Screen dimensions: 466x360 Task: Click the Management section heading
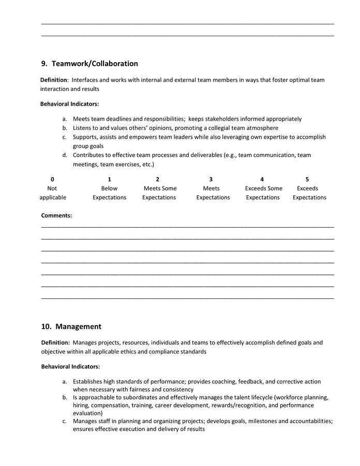point(78,327)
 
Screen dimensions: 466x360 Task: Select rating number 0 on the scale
point(52,179)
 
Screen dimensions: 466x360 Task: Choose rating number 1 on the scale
point(109,179)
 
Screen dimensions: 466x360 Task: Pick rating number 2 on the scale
point(157,179)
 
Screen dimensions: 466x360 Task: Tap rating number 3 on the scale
point(211,179)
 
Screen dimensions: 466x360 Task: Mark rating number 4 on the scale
point(262,179)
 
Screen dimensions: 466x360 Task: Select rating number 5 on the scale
point(307,179)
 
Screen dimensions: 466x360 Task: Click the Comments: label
point(56,215)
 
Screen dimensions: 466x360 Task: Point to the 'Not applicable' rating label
point(53,193)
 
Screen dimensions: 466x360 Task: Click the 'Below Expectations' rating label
point(109,193)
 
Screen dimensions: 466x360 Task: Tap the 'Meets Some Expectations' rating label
point(159,193)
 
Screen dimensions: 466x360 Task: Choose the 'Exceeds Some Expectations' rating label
point(263,193)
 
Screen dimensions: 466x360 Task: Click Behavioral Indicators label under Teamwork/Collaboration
point(69,104)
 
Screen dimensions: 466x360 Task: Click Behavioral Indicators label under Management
point(70,367)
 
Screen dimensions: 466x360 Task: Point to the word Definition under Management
point(55,343)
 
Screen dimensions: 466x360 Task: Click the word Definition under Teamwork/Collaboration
point(54,80)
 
